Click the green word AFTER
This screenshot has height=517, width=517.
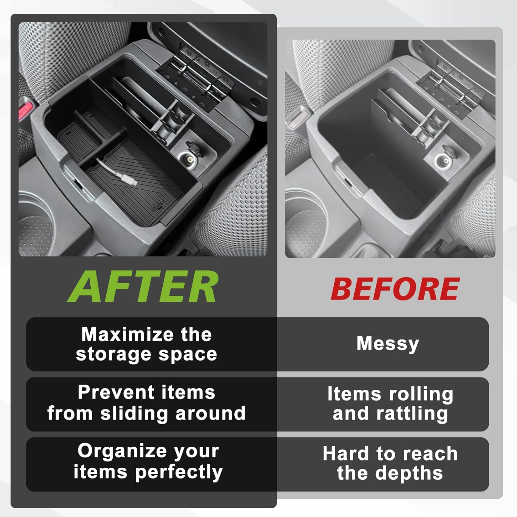pyautogui.click(x=143, y=286)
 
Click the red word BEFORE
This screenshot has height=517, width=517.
pyautogui.click(x=395, y=289)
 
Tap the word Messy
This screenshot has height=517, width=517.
pyautogui.click(x=388, y=344)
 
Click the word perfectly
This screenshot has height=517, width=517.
pyautogui.click(x=179, y=472)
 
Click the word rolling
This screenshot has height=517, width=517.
pyautogui.click(x=421, y=394)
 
